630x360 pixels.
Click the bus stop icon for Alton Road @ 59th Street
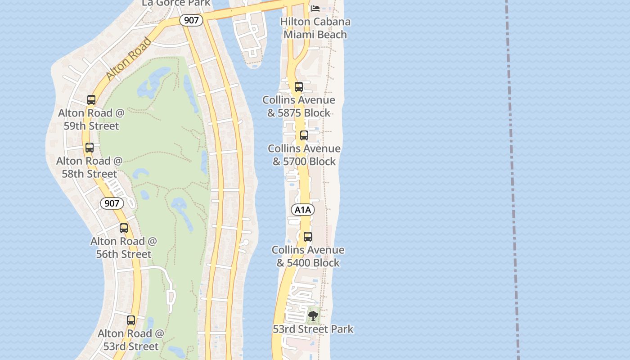[91, 99]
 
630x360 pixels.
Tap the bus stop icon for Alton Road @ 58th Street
[90, 147]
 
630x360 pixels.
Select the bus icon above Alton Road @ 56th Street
[124, 228]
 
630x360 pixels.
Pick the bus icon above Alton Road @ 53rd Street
[131, 320]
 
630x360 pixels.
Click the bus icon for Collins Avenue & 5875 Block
[299, 87]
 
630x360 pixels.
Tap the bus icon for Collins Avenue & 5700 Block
[304, 135]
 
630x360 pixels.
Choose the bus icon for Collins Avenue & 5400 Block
[308, 236]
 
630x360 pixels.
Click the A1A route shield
[303, 210]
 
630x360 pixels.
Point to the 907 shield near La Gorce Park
[191, 20]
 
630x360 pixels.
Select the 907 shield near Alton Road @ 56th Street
[112, 203]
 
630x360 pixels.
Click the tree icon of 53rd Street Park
[313, 315]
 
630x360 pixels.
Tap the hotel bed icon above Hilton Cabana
[315, 8]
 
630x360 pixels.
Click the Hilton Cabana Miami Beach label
[315, 28]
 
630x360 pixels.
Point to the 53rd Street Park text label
[313, 329]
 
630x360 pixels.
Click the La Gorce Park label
[176, 3]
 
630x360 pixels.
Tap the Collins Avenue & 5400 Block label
[308, 256]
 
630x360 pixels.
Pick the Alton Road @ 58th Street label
[89, 167]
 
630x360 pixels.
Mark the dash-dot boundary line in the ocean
[512, 180]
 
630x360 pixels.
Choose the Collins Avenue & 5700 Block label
[304, 155]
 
